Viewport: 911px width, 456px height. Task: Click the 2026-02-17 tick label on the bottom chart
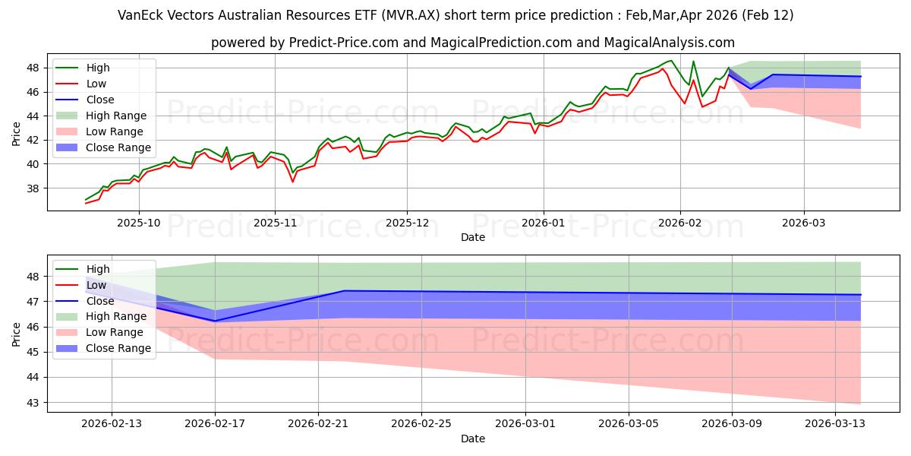(x=215, y=423)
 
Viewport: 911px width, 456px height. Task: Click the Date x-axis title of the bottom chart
(x=472, y=439)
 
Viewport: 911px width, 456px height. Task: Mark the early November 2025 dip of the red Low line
(x=292, y=181)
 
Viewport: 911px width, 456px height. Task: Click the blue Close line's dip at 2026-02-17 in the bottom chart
(x=215, y=321)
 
